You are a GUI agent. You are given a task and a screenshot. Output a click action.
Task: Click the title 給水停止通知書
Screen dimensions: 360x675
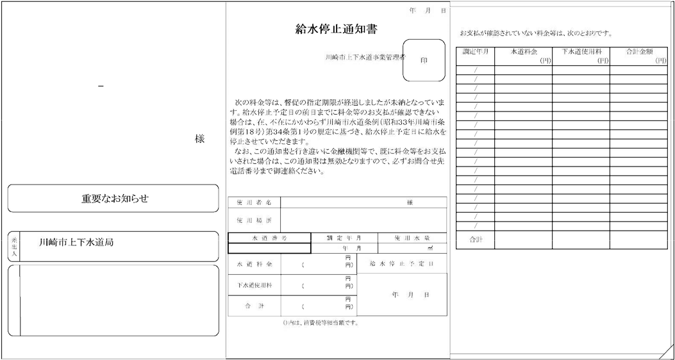click(x=336, y=29)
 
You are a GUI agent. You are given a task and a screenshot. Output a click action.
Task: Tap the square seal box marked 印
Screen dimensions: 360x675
click(x=424, y=60)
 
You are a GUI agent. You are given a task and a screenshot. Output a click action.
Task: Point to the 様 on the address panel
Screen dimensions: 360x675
click(x=199, y=139)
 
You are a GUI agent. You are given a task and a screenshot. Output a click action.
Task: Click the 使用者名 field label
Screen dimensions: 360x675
click(x=254, y=202)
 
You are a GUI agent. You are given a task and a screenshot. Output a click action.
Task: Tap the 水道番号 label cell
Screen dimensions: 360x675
click(x=270, y=238)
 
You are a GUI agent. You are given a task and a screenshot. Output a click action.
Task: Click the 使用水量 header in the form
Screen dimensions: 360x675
click(x=412, y=238)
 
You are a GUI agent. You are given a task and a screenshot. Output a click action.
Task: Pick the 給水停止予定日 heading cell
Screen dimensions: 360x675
click(x=402, y=263)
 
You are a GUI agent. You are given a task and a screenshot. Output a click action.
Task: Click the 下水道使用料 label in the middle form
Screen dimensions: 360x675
click(x=254, y=284)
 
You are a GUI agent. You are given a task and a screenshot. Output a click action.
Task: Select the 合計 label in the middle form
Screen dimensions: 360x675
click(x=254, y=306)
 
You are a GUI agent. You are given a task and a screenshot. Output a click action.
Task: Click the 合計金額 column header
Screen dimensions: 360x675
click(x=638, y=52)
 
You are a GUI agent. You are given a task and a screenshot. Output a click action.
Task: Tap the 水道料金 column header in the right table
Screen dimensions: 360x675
click(x=523, y=52)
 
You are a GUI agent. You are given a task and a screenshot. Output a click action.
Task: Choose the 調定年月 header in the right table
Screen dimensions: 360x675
click(x=475, y=52)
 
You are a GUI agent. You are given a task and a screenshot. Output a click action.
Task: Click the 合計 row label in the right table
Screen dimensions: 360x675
click(x=475, y=240)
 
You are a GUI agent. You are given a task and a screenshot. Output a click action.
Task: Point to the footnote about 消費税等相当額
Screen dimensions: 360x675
click(x=321, y=322)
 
